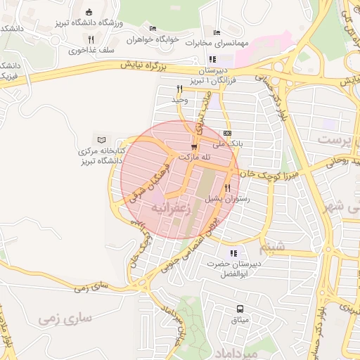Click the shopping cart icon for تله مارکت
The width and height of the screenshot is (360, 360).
click(193, 146)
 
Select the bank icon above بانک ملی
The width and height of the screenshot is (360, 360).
click(226, 133)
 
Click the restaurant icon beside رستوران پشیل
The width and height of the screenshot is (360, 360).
click(227, 188)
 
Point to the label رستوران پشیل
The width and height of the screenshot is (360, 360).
click(227, 199)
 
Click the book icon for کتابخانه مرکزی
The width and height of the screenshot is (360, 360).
click(103, 140)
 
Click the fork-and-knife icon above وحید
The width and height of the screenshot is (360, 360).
click(180, 89)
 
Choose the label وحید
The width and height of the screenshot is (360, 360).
click(180, 100)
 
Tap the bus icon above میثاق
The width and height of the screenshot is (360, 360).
click(240, 309)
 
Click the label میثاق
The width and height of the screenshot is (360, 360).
click(240, 320)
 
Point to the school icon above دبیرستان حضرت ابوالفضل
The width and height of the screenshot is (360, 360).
click(233, 253)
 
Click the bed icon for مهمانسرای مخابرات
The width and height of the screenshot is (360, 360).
click(217, 33)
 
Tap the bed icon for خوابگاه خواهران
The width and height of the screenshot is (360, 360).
click(153, 29)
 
